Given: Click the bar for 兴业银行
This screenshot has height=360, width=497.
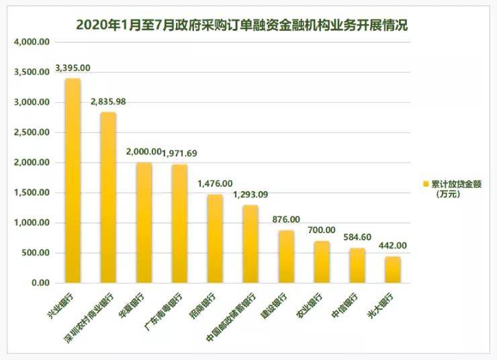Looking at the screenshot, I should click(x=72, y=181).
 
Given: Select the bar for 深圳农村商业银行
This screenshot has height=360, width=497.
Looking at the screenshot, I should click(x=108, y=198).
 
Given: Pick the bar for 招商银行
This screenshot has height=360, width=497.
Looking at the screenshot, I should click(x=215, y=238).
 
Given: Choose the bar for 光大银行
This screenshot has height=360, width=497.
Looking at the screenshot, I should click(x=393, y=270).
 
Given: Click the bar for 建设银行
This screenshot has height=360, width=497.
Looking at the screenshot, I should click(x=286, y=257).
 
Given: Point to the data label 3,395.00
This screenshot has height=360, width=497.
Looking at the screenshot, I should click(x=73, y=69).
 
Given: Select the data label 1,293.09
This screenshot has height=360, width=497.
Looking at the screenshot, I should click(x=251, y=195).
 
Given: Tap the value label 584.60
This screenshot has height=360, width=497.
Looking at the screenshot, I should click(x=357, y=238).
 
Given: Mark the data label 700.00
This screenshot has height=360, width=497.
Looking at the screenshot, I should click(x=322, y=230).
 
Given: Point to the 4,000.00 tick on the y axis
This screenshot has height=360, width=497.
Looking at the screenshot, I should click(x=32, y=42).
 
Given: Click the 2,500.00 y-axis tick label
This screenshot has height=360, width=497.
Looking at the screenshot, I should click(x=32, y=133).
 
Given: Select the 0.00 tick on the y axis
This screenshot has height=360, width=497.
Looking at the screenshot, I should click(x=40, y=283).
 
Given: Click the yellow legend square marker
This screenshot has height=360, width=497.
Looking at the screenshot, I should click(x=425, y=183).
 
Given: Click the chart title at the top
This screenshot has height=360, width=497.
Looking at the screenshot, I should click(x=242, y=24).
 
